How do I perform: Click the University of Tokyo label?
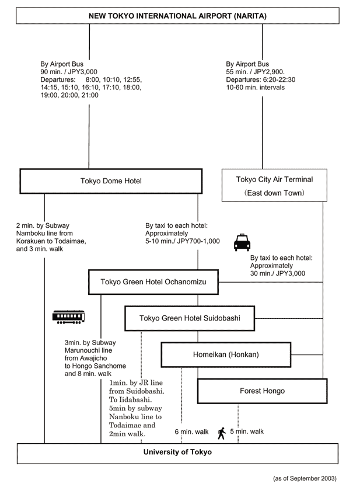(x=177, y=452)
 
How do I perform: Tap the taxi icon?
(x=242, y=242)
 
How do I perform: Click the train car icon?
(x=69, y=317)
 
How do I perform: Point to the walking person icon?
(x=222, y=433)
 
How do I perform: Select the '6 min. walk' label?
(x=191, y=432)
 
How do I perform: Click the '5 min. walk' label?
(x=247, y=432)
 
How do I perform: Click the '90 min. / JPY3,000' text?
(x=69, y=72)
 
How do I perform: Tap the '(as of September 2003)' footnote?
(x=305, y=478)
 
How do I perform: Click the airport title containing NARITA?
(x=177, y=16)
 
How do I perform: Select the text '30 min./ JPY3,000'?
(x=278, y=273)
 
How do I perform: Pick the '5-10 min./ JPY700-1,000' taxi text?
(x=183, y=241)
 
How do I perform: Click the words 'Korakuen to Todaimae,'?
(x=51, y=241)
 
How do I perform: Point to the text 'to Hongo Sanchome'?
(x=95, y=366)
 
